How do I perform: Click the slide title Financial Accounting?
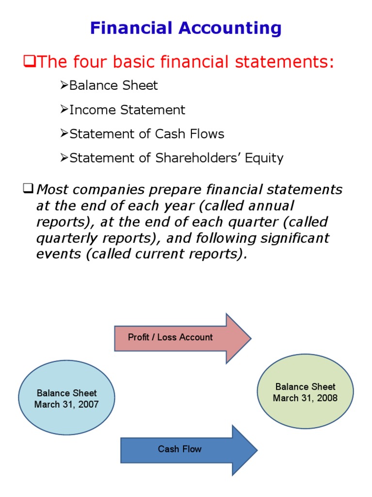click(x=186, y=29)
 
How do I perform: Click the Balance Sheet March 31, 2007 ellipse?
click(x=67, y=398)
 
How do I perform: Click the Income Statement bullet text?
click(x=127, y=110)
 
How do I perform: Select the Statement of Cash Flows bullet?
click(x=147, y=134)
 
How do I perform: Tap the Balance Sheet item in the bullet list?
click(x=113, y=86)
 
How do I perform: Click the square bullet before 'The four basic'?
click(x=29, y=62)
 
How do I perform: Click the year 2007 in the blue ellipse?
click(x=88, y=404)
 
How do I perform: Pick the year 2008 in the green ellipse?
click(x=327, y=398)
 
